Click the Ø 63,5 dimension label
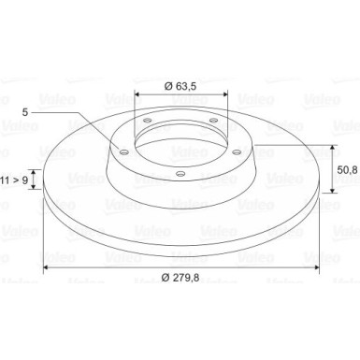coord(180,86)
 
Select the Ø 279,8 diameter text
coord(180,277)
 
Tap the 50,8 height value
coord(347,169)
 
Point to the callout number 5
coord(25,112)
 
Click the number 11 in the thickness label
coord(5,180)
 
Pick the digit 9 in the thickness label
coord(25,180)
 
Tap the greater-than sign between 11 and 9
coord(16,180)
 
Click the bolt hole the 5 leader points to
coord(124,152)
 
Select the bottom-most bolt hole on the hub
coord(180,173)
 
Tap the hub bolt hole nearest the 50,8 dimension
coord(237,152)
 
